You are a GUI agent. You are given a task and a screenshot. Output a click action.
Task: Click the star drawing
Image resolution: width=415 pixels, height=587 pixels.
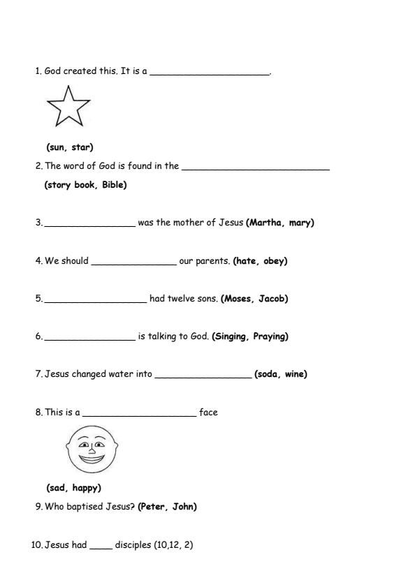(x=68, y=107)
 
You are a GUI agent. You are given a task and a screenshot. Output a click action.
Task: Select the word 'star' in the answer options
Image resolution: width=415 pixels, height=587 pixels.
(x=82, y=147)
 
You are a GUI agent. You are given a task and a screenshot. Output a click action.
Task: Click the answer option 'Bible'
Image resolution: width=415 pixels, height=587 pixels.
(x=115, y=185)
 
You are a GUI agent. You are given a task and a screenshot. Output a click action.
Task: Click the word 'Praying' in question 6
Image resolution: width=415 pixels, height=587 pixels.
(x=270, y=336)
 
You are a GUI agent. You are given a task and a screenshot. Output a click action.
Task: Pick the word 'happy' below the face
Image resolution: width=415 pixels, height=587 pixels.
(x=87, y=488)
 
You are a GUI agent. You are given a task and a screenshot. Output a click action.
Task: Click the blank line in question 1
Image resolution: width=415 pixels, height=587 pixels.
(x=210, y=73)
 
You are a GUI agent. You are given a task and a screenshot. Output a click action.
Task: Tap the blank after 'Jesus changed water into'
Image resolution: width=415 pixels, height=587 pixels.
(x=203, y=377)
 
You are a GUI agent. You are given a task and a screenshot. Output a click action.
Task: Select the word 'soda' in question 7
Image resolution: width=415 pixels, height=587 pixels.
(x=268, y=374)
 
